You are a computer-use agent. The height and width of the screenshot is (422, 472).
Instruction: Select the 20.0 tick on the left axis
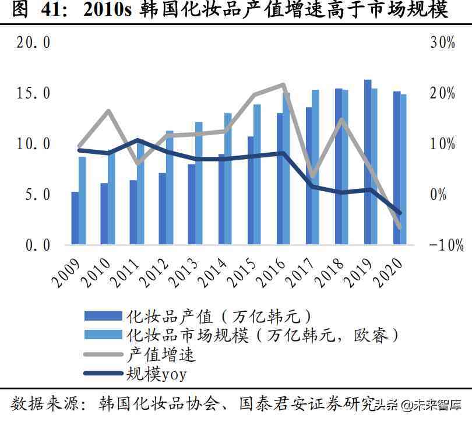click(31, 43)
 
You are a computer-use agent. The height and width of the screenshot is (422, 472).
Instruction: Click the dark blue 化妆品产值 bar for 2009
click(75, 218)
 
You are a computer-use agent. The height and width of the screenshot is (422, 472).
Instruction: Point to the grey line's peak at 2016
click(283, 85)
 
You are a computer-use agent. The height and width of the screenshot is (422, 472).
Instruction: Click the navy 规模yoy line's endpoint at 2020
click(400, 213)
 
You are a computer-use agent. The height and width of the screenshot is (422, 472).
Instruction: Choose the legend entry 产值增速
click(160, 354)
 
